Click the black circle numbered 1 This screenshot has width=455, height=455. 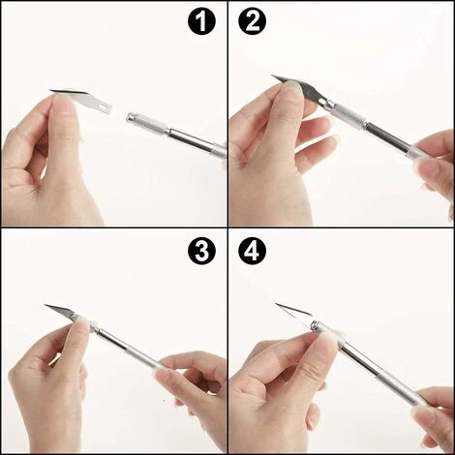pyautogui.click(x=201, y=21)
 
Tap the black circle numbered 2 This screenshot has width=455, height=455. pyautogui.click(x=253, y=21)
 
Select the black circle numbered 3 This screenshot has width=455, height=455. pyautogui.click(x=201, y=251)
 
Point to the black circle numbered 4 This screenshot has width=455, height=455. pyautogui.click(x=253, y=251)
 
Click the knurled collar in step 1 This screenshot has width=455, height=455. pyautogui.click(x=151, y=124)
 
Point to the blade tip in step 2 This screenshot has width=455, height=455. pyautogui.click(x=272, y=76)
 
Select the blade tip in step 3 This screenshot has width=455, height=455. pyautogui.click(x=45, y=305)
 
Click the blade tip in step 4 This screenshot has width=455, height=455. pyautogui.click(x=276, y=304)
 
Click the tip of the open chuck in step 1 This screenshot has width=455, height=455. pyautogui.click(x=128, y=118)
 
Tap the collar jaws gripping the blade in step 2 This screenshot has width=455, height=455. pyautogui.click(x=326, y=104)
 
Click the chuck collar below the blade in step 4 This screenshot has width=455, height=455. pyautogui.click(x=315, y=324)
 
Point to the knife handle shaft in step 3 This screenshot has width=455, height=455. pyautogui.click(x=129, y=346)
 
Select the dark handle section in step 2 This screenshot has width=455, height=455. pyautogui.click(x=387, y=136)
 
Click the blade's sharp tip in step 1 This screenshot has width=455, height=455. pyautogui.click(x=51, y=91)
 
